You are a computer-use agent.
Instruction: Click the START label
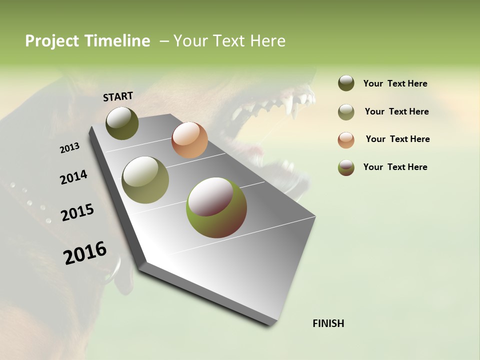pos(118,96)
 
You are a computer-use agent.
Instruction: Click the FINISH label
pos(328,323)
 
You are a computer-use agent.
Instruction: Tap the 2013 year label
pos(69,147)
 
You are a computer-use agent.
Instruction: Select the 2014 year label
pos(73,177)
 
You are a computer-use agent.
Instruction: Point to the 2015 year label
pos(77,212)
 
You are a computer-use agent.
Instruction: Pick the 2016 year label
pos(85,252)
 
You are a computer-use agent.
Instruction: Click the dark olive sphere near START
pos(122,123)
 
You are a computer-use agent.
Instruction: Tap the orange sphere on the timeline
pos(189,139)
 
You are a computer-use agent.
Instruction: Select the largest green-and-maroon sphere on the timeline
pos(216,207)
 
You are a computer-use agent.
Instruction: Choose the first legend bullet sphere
pos(346,83)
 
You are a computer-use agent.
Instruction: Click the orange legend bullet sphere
pos(346,139)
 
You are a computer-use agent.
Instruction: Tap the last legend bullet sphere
pos(346,167)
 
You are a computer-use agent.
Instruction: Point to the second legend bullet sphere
pos(346,112)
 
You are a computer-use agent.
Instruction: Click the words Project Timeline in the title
pos(87,41)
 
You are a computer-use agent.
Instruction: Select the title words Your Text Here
pos(229,41)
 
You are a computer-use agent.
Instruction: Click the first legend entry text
pos(395,84)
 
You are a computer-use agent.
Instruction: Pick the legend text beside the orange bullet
pos(397,139)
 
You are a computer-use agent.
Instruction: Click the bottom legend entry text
pos(395,167)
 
